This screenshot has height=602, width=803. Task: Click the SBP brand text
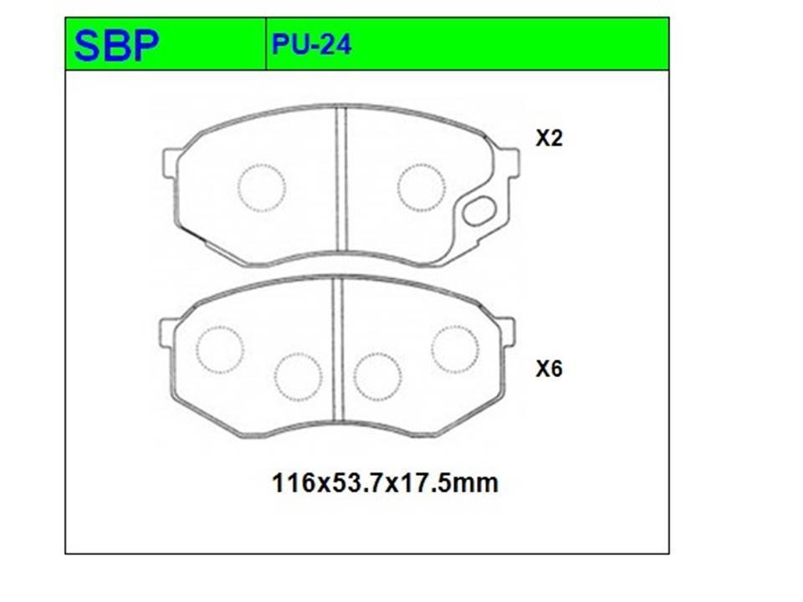(x=117, y=45)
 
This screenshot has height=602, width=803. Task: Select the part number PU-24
(x=311, y=44)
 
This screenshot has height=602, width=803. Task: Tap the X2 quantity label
(x=549, y=138)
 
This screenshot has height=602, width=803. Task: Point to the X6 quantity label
(x=549, y=369)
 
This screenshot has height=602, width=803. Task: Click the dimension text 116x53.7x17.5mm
(x=385, y=482)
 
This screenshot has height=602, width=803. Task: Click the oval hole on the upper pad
(x=479, y=211)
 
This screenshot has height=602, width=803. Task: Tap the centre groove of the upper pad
(x=341, y=179)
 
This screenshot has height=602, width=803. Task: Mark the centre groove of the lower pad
(x=337, y=349)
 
